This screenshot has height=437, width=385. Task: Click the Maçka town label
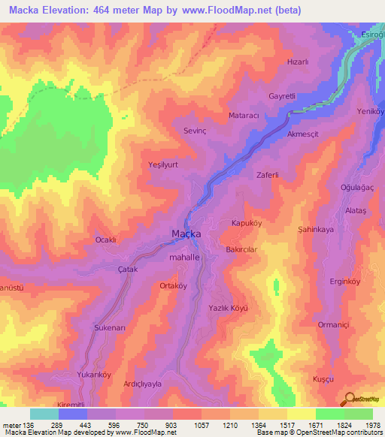tap(186, 234)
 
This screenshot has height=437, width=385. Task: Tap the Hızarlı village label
tap(299, 63)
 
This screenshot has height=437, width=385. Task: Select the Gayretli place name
tap(295, 98)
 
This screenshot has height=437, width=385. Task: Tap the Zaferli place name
tap(268, 174)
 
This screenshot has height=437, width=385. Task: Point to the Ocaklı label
tap(105, 240)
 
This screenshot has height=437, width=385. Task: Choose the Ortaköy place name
tap(173, 285)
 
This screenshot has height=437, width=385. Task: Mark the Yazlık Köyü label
tap(228, 308)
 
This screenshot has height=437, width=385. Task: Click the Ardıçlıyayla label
tap(143, 383)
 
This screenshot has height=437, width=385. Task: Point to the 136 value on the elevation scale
tap(28, 424)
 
